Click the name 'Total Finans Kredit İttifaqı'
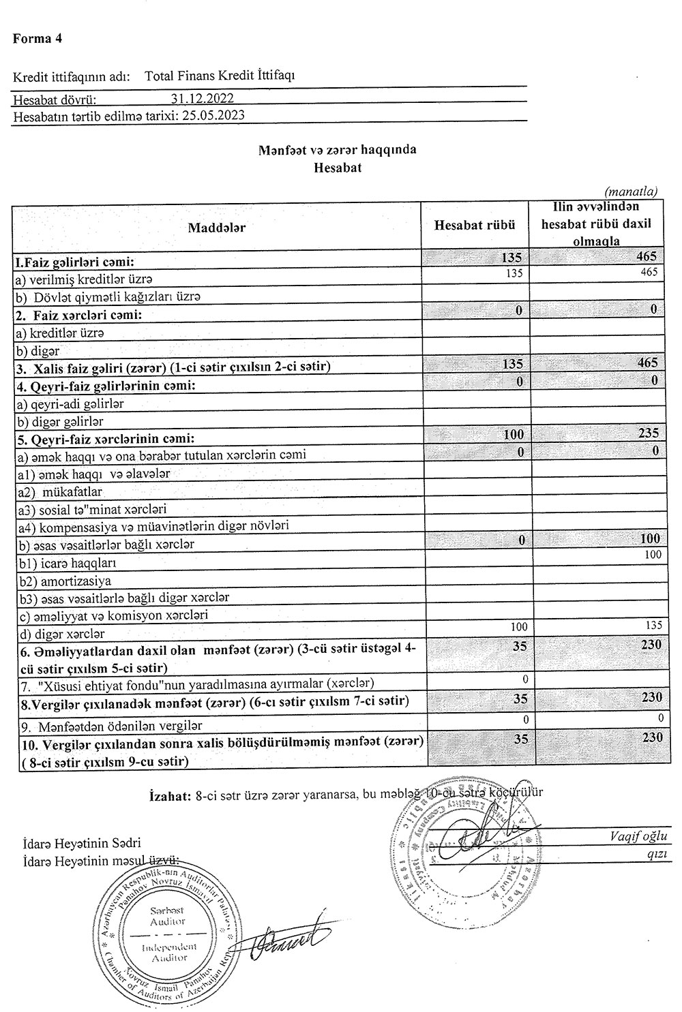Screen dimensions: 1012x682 coord(220,76)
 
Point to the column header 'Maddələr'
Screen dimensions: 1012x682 coord(217,227)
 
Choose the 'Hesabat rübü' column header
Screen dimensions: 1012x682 coord(475,225)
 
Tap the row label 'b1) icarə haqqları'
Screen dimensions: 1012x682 coord(68,563)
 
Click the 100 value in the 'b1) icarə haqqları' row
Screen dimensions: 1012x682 coord(652,555)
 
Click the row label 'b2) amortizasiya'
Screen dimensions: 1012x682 coord(65,581)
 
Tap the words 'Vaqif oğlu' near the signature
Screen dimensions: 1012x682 coord(639,836)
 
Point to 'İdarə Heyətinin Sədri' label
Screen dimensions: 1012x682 coord(77,843)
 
